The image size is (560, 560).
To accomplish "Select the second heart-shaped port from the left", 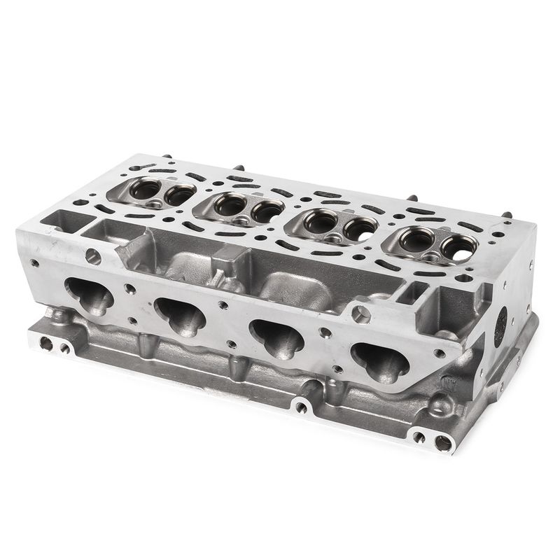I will pos(180,316).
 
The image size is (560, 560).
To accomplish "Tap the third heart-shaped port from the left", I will pos(277,337).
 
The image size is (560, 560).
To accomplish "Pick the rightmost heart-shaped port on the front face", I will pos(379,360).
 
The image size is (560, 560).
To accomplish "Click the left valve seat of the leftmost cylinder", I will pos(145,188).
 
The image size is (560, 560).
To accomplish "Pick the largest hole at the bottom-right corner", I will pos(442,442).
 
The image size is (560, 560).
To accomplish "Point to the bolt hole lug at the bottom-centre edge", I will pos(302,406).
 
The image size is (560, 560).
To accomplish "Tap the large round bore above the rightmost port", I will pos(360,314).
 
